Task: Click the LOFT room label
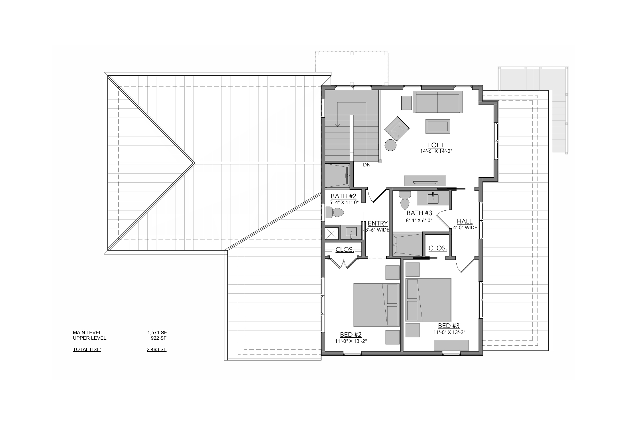pyautogui.click(x=436, y=145)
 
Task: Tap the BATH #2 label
pyautogui.click(x=343, y=196)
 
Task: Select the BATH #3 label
pyautogui.click(x=419, y=213)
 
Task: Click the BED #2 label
pyautogui.click(x=351, y=335)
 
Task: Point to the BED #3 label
pyautogui.click(x=449, y=326)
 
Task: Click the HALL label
pyautogui.click(x=465, y=221)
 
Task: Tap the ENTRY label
pyautogui.click(x=378, y=223)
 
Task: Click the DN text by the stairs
pyautogui.click(x=367, y=165)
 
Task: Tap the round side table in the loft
pyautogui.click(x=390, y=145)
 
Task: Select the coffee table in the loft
pyautogui.click(x=438, y=126)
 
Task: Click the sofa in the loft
pyautogui.click(x=437, y=102)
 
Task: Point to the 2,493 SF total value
pyautogui.click(x=157, y=349)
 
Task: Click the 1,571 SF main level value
pyautogui.click(x=157, y=333)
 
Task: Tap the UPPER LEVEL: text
pyautogui.click(x=90, y=338)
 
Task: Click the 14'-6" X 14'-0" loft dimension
pyautogui.click(x=436, y=151)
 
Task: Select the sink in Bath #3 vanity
pyautogui.click(x=433, y=198)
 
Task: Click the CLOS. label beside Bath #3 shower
pyautogui.click(x=437, y=248)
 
